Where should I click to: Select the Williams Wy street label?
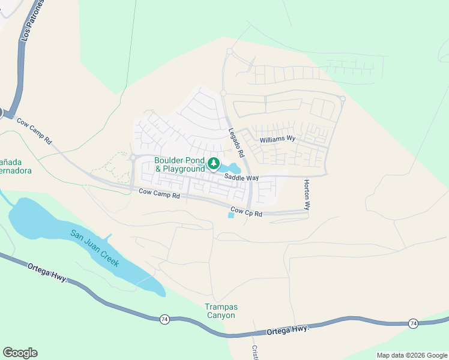click(278, 139)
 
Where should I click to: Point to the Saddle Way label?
click(241, 178)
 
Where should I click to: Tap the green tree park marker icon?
click(213, 163)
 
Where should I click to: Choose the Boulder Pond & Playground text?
click(179, 164)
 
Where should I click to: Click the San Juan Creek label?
click(95, 248)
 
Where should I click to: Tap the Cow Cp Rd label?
click(247, 213)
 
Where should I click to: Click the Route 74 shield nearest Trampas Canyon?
click(164, 319)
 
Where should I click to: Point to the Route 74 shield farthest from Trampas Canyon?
click(413, 323)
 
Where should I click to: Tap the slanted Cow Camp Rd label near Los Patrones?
click(34, 130)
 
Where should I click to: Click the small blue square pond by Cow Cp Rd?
click(232, 215)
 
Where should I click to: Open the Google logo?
click(20, 353)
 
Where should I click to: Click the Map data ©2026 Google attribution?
click(412, 355)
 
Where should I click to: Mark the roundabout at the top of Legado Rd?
click(229, 52)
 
